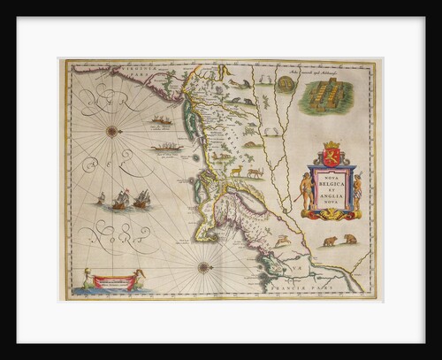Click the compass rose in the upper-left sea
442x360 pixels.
pos(112,130)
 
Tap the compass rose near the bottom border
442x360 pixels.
pos(204,266)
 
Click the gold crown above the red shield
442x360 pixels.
pos(332,143)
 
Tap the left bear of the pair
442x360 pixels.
pos(330,241)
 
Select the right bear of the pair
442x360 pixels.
pos(351,239)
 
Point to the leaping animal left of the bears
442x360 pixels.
pos(283,239)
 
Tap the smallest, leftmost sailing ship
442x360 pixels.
pos(100,199)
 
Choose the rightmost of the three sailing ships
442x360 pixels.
pos(141,199)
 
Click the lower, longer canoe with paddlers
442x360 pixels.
pos(166,146)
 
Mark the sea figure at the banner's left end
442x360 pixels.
pos(85,282)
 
